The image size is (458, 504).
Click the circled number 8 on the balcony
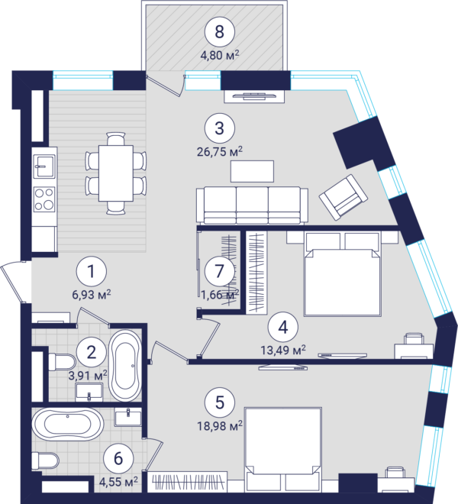[x=220, y=32]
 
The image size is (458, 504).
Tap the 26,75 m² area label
[x=220, y=151]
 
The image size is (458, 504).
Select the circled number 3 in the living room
[x=220, y=128]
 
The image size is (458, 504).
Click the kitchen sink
[x=44, y=166]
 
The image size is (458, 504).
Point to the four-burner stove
[x=44, y=199]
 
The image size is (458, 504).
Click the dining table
[x=116, y=173]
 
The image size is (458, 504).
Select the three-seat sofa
[x=253, y=205]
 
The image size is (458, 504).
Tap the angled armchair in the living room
[x=343, y=197]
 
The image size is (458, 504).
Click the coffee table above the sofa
[x=253, y=171]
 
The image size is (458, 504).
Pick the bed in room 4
[x=343, y=274]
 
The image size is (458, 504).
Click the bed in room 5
[x=283, y=450]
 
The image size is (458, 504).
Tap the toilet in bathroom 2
[x=62, y=362]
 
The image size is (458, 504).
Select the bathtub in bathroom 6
[x=68, y=424]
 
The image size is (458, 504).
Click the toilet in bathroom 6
[x=45, y=460]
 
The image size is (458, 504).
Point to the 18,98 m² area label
[x=220, y=426]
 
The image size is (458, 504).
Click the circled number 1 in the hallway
[x=92, y=271]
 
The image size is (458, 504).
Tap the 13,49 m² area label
[x=283, y=350]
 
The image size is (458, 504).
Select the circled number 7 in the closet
[x=220, y=270]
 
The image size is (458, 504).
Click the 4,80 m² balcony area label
[x=220, y=55]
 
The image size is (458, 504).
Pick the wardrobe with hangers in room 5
[x=188, y=482]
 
